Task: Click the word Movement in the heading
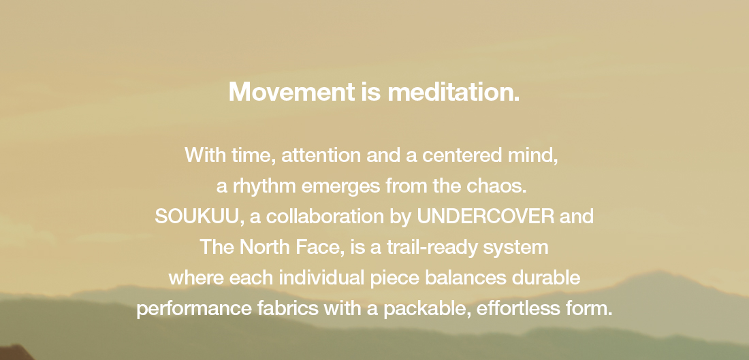292,92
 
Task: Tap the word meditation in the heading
453,92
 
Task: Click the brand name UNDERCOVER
485,216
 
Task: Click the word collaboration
325,216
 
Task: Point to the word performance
194,309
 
